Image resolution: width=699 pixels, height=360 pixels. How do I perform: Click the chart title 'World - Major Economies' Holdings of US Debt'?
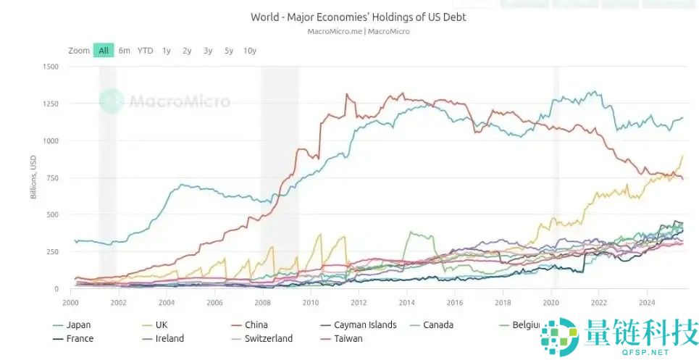point(359,17)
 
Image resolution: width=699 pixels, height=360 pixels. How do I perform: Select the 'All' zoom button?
point(104,51)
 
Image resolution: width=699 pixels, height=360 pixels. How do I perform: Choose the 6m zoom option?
point(125,51)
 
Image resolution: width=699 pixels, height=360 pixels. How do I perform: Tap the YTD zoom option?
point(146,51)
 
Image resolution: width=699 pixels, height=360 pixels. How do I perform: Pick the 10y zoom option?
point(250,51)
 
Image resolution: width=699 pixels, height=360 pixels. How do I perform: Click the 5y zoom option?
point(229,51)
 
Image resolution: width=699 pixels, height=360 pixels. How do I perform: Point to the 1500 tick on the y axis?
point(50,67)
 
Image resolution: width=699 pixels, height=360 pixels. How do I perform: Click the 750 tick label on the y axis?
point(52,177)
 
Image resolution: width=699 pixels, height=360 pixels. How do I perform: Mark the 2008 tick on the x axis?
point(262,302)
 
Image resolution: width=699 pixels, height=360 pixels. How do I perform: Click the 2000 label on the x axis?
point(70,302)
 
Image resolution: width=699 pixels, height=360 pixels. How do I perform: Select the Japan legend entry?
point(78,325)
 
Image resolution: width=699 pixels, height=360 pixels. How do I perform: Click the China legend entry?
point(256,325)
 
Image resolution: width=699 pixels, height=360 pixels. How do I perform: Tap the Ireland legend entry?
point(169,338)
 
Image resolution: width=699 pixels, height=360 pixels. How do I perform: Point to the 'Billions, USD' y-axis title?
point(33,177)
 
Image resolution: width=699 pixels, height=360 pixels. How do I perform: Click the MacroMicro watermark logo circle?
point(112,101)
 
